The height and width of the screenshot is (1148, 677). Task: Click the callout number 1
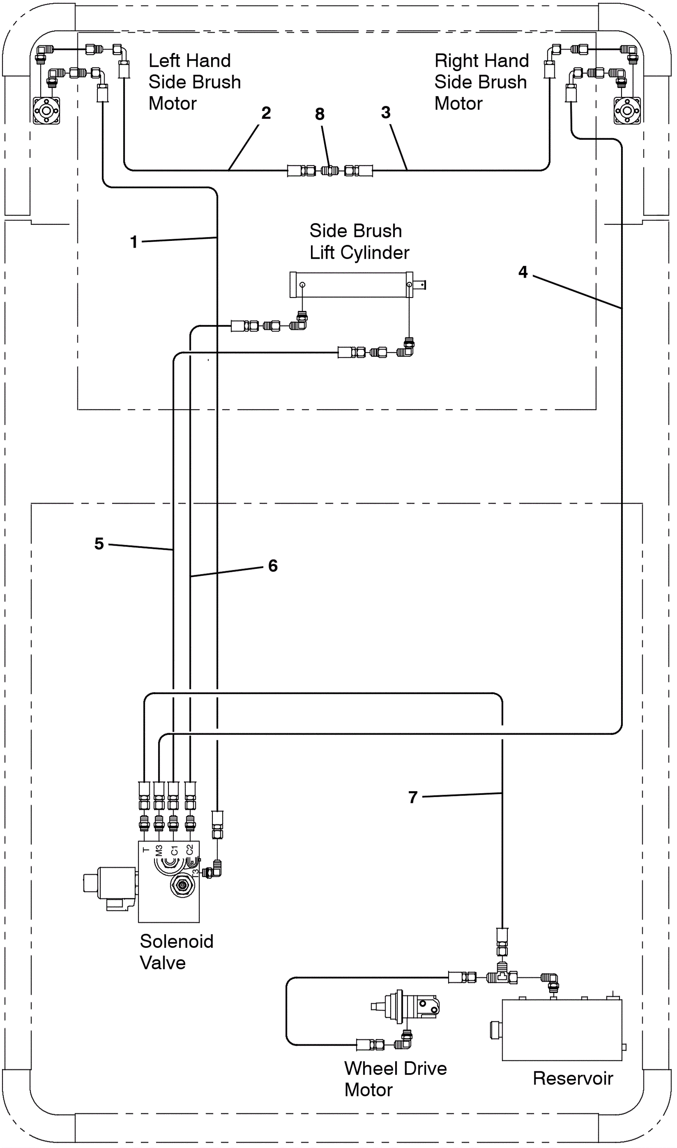pyautogui.click(x=134, y=242)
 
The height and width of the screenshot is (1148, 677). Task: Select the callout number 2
pyautogui.click(x=266, y=113)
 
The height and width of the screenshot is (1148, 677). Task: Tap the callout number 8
pyautogui.click(x=320, y=114)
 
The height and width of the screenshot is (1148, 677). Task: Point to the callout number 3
pyautogui.click(x=386, y=112)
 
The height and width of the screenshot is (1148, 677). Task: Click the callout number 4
pyautogui.click(x=523, y=272)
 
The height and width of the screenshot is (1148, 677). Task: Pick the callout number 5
pyautogui.click(x=99, y=544)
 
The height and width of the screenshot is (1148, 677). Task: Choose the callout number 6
pyautogui.click(x=273, y=566)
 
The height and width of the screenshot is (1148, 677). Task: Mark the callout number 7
pyautogui.click(x=413, y=797)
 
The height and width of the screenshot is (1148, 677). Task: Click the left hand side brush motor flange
pyautogui.click(x=46, y=110)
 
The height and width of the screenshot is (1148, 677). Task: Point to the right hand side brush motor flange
pyautogui.click(x=627, y=110)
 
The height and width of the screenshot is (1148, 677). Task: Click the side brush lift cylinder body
pyautogui.click(x=351, y=285)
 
